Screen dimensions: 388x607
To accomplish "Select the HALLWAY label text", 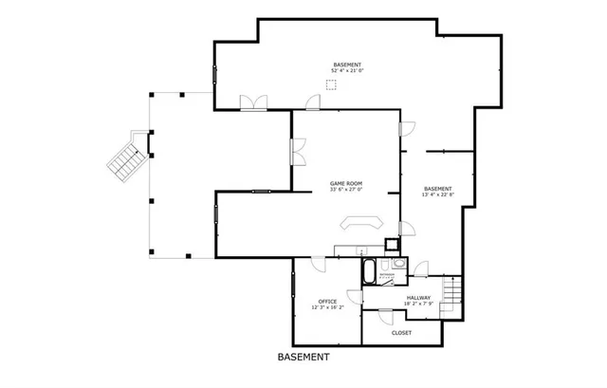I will click(419, 298).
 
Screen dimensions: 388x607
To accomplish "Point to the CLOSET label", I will click(401, 333).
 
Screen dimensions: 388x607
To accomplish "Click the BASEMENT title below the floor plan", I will click(303, 359).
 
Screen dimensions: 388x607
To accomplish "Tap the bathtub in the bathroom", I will click(368, 272).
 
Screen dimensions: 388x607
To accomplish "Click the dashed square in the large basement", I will click(330, 84).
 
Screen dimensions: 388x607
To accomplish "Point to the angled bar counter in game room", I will click(360, 224).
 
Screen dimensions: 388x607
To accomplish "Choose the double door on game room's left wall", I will click(297, 152).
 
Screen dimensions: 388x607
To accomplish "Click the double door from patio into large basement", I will click(253, 102).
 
